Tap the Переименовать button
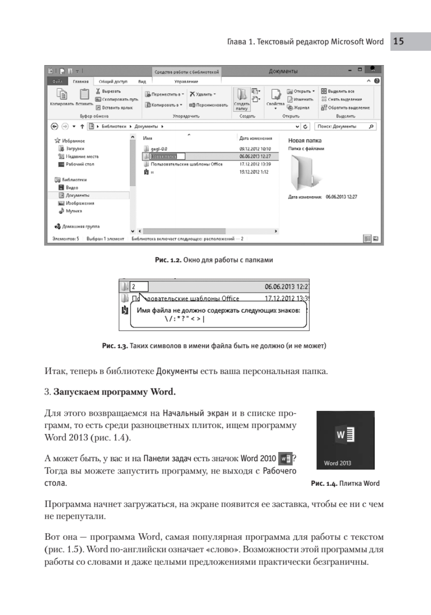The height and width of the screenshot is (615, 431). tap(213, 105)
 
